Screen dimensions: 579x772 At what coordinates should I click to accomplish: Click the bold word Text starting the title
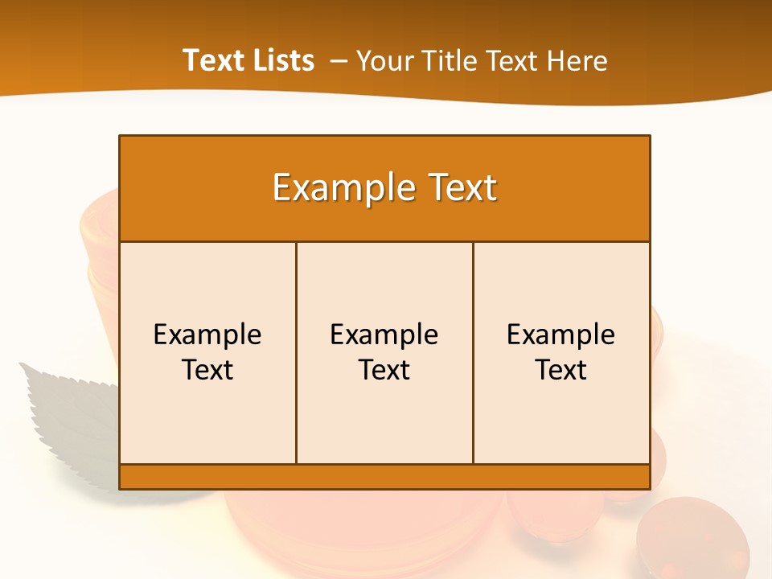click(x=211, y=60)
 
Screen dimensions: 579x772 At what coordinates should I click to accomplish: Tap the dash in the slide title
click(x=339, y=61)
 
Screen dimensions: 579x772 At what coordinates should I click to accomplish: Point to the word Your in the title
click(x=383, y=61)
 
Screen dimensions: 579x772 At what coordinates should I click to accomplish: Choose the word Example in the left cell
click(x=207, y=335)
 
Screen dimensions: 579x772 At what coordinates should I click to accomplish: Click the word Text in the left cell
click(x=207, y=370)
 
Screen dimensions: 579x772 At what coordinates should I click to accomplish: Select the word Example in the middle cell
click(x=384, y=335)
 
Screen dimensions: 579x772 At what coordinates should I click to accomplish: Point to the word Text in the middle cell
click(x=384, y=370)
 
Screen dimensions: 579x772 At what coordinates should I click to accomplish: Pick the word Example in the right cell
click(x=561, y=335)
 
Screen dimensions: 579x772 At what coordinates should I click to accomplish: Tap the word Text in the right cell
click(x=561, y=370)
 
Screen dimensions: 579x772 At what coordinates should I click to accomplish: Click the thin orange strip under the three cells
click(x=384, y=476)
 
